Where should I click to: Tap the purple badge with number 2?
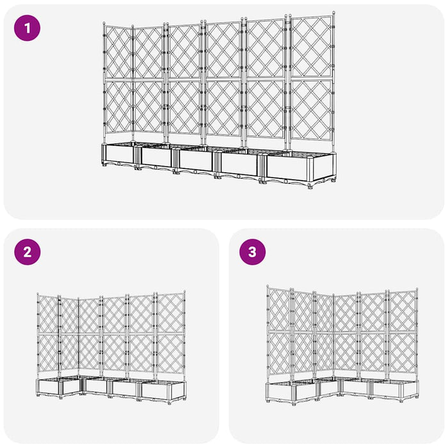point(27,252)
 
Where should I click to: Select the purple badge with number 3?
point(252,252)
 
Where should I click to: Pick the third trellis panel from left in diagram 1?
point(185,80)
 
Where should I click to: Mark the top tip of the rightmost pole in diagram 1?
point(333,12)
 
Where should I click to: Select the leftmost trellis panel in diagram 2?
point(48,336)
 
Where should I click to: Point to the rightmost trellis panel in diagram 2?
point(172,336)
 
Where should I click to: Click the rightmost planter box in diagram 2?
point(163,391)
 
